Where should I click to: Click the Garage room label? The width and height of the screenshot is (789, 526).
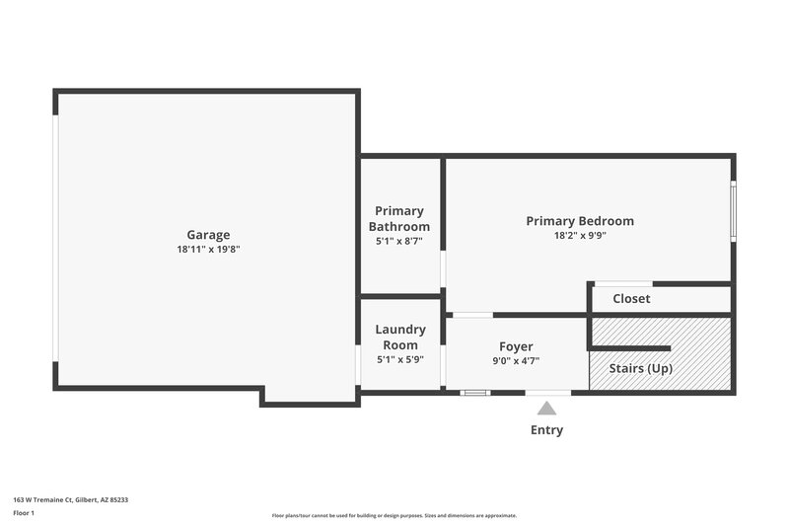[208, 235]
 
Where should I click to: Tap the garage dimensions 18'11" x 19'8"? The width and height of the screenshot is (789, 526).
[208, 250]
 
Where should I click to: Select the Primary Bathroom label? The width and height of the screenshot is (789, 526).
[399, 218]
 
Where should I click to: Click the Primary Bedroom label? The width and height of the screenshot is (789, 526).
[580, 221]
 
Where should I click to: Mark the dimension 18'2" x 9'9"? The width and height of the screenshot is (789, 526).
[580, 236]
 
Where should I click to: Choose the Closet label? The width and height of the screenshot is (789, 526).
[631, 298]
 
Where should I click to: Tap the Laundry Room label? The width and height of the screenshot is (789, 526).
[400, 337]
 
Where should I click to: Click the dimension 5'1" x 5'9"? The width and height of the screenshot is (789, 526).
[400, 359]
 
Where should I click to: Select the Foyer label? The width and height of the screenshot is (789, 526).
[516, 346]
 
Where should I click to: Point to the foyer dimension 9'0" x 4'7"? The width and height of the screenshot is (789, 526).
[516, 360]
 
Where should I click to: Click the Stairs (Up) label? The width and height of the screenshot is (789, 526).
[641, 368]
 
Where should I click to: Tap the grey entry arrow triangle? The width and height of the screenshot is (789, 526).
[546, 408]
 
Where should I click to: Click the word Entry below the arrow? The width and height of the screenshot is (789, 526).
[546, 430]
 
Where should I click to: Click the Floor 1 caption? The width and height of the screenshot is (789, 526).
[24, 513]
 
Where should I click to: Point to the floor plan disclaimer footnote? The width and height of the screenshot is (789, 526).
[394, 515]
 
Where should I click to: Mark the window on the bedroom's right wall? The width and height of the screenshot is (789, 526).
[733, 210]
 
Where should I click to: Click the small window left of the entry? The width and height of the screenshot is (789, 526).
[475, 393]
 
